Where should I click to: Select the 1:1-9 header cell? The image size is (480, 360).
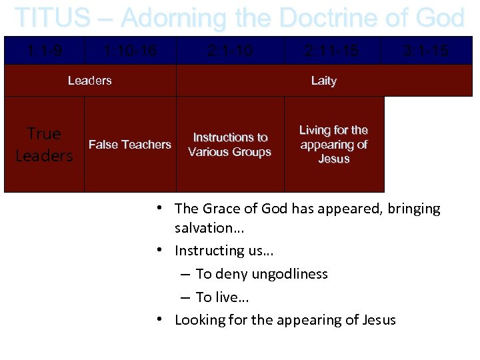point(44,51)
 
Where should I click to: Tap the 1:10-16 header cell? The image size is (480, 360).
point(130,51)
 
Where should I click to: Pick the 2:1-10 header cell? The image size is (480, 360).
point(230,51)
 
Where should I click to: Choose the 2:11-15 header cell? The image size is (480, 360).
point(332,51)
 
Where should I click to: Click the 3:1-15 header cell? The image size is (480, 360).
point(426,51)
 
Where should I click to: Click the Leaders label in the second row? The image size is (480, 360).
point(90,81)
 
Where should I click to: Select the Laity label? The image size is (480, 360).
point(324,81)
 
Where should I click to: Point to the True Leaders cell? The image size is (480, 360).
point(44,145)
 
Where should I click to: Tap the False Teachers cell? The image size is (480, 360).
point(130,145)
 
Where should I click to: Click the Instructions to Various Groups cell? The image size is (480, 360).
point(230,145)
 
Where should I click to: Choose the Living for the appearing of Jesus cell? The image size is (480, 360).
point(334,145)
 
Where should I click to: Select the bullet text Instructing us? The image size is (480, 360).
point(224,251)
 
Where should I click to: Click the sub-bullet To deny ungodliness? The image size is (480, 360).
point(261,274)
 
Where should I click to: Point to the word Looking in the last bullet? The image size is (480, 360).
point(199,320)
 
